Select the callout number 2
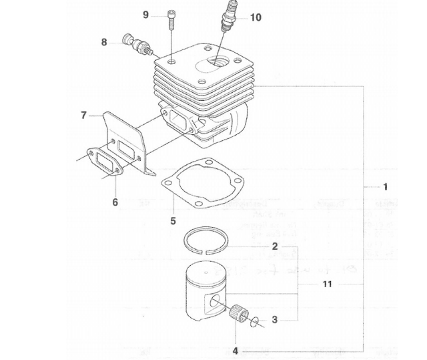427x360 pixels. coord(274,246)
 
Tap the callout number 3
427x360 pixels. coord(274,319)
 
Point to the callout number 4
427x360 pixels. coord(235,350)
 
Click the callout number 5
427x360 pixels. coord(173,220)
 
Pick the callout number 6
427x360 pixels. coord(115,202)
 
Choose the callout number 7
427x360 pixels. coord(83,115)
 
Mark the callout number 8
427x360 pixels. coord(104,42)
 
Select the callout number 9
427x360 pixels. coord(145,15)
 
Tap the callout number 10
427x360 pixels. coord(256,17)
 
